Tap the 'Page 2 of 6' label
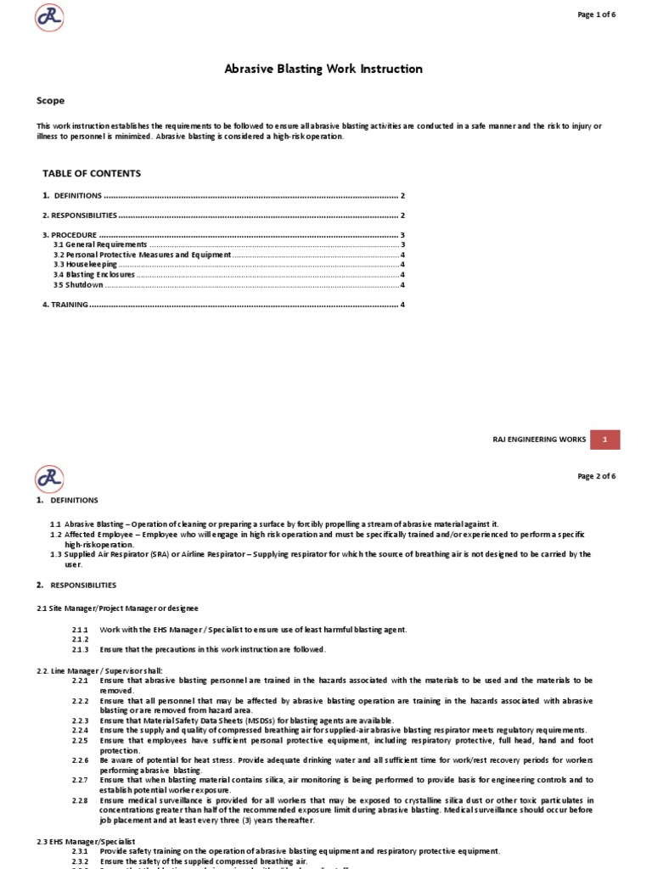click(597, 476)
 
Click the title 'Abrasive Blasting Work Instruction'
click(323, 69)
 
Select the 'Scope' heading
click(50, 100)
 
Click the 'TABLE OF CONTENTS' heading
click(92, 173)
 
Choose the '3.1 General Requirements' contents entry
click(100, 244)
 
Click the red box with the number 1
click(604, 440)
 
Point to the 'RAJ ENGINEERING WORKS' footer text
click(539, 440)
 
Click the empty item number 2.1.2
click(81, 639)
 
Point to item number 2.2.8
click(81, 800)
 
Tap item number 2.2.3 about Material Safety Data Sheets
click(81, 720)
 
